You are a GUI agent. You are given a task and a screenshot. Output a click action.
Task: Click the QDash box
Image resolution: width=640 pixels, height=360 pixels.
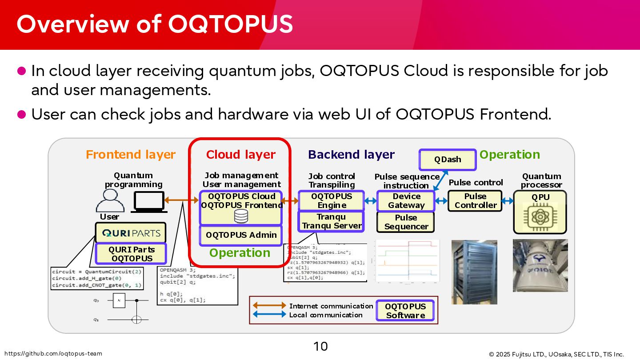pos(448,160)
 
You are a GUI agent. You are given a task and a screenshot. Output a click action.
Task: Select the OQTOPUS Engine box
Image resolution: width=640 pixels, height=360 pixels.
pos(331,201)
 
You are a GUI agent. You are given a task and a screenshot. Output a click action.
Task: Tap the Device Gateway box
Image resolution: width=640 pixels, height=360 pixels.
pos(406,201)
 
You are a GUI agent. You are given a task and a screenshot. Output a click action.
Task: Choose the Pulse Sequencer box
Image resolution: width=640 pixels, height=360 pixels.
pos(406,222)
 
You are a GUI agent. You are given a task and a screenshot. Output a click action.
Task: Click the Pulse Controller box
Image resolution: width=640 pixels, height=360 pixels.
pos(475,201)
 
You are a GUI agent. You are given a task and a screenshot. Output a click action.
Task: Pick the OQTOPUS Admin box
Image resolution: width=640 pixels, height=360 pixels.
pos(241,235)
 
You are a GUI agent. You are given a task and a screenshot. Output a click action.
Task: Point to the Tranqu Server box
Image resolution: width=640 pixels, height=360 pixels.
pos(331,221)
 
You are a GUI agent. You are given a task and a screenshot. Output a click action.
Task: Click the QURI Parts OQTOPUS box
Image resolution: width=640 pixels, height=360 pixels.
pos(131,254)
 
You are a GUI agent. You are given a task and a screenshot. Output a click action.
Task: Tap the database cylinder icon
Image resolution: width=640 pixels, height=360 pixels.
pos(241,216)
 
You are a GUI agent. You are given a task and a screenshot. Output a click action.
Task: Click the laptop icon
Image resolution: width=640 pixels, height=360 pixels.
pos(148,202)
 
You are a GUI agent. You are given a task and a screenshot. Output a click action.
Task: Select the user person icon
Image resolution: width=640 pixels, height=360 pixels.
pos(110,201)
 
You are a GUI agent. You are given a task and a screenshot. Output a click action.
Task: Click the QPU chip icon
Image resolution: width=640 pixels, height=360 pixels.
pos(540,217)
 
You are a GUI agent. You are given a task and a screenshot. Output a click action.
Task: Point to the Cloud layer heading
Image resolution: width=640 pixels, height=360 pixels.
pos(240,155)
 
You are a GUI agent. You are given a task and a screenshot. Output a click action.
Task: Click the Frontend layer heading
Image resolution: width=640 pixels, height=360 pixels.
pos(131,155)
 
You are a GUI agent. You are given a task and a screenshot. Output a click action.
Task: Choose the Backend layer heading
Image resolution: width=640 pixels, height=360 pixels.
pos(351,155)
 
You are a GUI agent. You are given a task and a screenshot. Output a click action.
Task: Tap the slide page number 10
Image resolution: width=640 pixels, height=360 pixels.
pos(320,346)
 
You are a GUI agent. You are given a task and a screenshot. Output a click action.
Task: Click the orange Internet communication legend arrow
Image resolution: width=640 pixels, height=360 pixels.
pos(269,306)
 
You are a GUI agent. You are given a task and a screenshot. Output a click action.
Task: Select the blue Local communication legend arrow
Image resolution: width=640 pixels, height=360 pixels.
pos(269,315)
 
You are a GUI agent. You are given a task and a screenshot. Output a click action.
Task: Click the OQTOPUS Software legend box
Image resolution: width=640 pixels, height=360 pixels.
pos(405,311)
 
